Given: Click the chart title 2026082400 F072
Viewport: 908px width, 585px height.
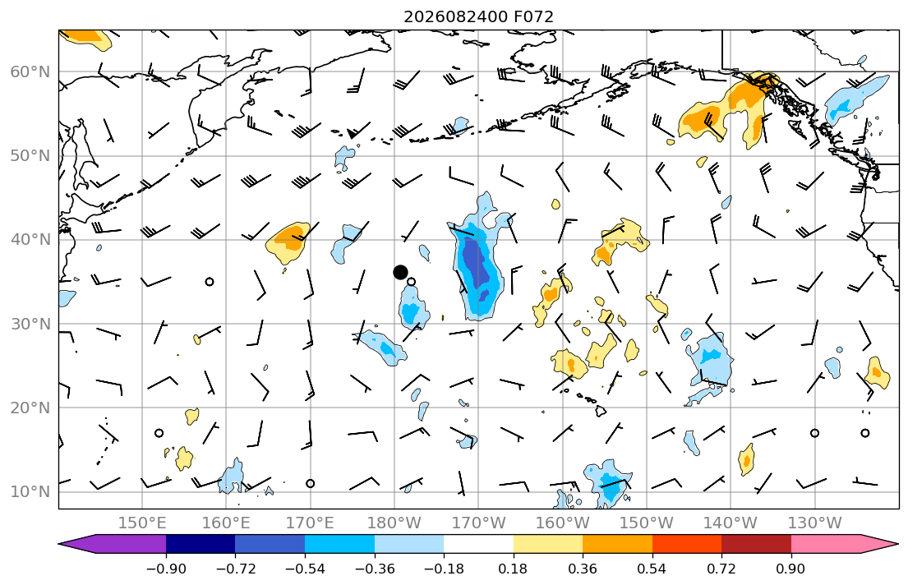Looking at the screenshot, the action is [x=478, y=16].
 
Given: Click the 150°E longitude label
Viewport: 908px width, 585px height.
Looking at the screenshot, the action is [x=142, y=523].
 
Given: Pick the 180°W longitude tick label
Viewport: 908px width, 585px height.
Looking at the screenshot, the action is [x=394, y=523].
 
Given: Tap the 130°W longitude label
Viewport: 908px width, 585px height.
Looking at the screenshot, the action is [x=815, y=523].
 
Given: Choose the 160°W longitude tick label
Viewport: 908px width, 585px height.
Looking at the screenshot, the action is [x=562, y=523].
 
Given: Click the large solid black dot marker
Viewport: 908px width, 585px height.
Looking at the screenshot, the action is [x=400, y=272].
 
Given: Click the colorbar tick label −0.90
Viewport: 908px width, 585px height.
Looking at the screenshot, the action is [x=166, y=569].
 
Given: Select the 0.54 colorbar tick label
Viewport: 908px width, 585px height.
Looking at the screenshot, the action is [x=652, y=569].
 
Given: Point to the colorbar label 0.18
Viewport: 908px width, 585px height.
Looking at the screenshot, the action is [x=513, y=569].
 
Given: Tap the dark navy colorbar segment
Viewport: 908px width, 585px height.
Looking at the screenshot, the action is [x=200, y=544].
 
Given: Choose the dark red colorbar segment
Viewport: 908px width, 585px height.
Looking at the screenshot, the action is [x=756, y=544].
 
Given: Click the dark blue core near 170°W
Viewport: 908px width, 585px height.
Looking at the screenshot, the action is [x=477, y=264].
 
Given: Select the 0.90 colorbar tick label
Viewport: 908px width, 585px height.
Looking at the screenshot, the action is [x=791, y=569].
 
